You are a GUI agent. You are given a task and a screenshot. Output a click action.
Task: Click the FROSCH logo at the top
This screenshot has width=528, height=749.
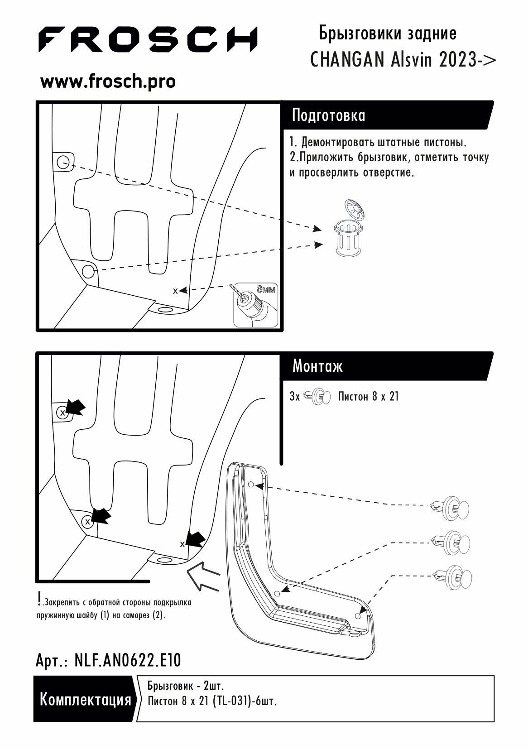click(x=147, y=39)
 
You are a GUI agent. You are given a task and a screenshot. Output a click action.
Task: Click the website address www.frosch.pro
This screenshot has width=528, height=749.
click(x=108, y=82)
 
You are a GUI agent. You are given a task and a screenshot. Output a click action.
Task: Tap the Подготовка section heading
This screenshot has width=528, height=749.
click(x=328, y=115)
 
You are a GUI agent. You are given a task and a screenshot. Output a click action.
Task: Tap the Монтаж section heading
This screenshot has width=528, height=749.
click(x=317, y=365)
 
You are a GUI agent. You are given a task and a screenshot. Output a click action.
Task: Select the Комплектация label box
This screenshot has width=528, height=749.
click(x=85, y=699)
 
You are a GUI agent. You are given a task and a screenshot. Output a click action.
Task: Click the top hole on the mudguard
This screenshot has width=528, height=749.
click(x=251, y=485)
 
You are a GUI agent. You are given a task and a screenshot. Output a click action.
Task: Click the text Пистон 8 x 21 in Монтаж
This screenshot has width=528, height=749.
click(x=368, y=397)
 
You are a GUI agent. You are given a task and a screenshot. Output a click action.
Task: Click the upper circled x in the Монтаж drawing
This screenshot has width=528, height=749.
click(x=62, y=413)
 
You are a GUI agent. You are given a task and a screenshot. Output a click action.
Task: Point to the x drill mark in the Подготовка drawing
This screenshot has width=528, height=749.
click(x=175, y=291)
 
